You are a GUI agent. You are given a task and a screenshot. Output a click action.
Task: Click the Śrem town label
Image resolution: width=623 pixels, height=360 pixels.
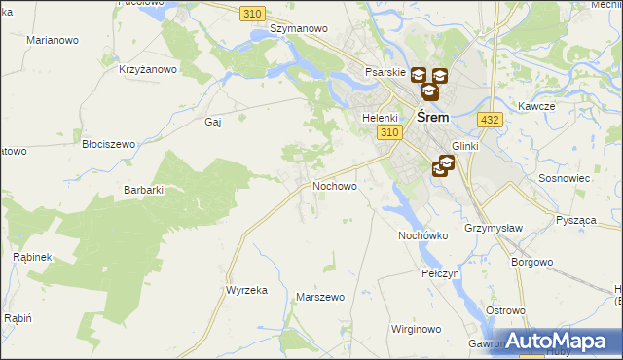coord(432,116)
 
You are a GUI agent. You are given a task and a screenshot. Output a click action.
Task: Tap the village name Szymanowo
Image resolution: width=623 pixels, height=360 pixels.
coord(298,29)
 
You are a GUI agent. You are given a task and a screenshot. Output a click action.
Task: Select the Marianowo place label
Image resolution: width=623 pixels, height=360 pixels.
coord(54,41)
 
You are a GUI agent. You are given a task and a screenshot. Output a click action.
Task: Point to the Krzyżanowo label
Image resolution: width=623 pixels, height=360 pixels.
coord(147,69)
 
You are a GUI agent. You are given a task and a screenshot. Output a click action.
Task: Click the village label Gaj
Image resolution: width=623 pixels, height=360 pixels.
coord(213,122)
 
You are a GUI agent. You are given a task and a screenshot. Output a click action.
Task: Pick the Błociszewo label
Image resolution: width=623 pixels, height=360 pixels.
coord(108,143)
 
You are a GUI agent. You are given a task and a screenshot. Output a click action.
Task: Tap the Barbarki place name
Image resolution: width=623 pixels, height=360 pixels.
coord(142,190)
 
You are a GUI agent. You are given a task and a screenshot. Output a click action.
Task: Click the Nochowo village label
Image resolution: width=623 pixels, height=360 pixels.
coord(334,185)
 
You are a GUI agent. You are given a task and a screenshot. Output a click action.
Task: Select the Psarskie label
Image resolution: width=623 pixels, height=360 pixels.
coord(384,73)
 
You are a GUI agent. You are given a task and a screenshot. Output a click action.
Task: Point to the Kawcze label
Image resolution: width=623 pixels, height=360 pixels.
coord(536,105)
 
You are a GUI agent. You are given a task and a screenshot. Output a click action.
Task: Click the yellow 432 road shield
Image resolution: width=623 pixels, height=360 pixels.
coord(490,119)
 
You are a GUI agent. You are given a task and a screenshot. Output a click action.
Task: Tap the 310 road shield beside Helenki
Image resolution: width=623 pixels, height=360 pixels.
coord(390,132)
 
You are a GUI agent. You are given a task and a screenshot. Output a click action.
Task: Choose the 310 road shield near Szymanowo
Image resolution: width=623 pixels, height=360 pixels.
coord(252,12)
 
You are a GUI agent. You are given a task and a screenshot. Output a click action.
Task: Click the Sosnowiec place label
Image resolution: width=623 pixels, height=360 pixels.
coord(561,180)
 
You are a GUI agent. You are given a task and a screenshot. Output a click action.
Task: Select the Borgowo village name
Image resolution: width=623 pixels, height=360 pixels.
coord(531,262)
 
